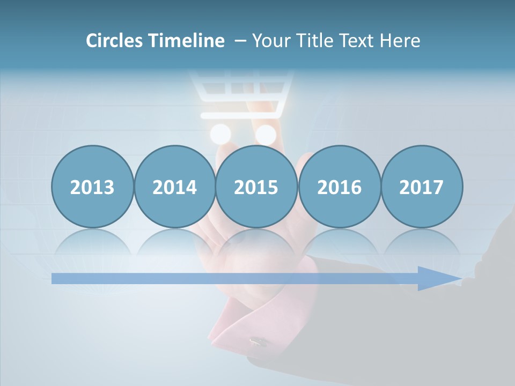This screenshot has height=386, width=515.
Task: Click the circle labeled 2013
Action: (92, 187)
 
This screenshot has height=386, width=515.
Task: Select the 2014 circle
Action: (175, 187)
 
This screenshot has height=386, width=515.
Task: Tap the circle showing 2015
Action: (256, 187)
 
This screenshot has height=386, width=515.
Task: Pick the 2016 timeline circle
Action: (339, 187)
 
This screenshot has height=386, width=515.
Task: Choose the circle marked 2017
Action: (422, 187)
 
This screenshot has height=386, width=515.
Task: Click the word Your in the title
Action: (269, 41)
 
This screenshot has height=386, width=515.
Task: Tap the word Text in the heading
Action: (356, 41)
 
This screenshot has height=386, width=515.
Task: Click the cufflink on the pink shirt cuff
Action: (259, 342)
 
